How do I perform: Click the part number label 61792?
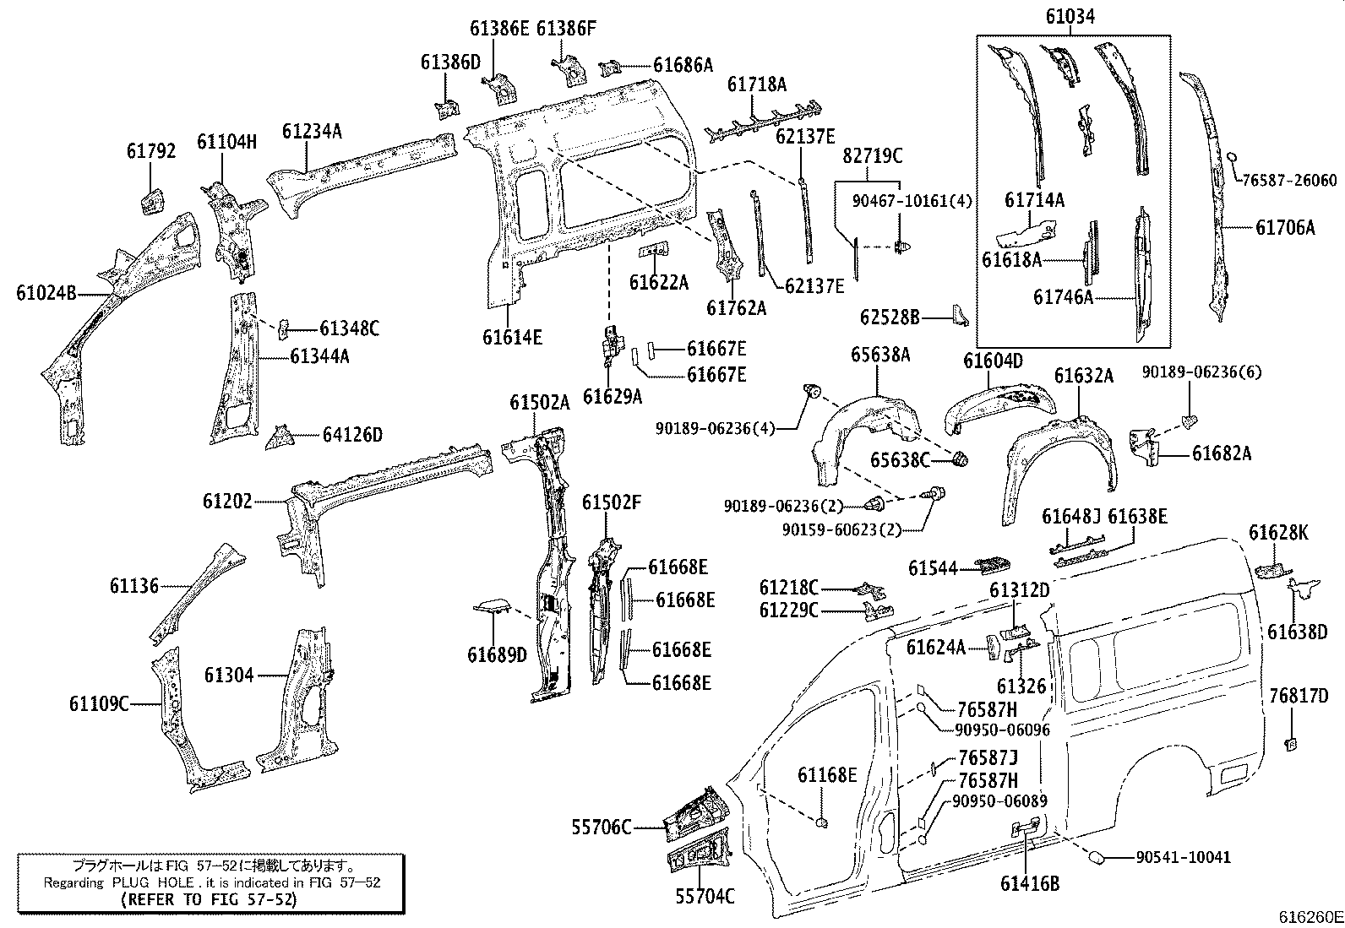(151, 151)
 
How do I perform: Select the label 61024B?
(46, 293)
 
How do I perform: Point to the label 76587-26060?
(1289, 180)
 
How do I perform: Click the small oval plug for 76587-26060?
(1232, 157)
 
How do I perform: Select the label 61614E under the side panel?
(512, 337)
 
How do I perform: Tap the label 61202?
(226, 502)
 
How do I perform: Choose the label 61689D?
(496, 654)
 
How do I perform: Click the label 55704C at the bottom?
(705, 896)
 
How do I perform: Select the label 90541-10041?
(1183, 857)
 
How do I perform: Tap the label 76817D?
(1299, 696)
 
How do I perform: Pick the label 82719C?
(873, 155)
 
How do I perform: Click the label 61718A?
(757, 84)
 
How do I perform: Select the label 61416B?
(1029, 884)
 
